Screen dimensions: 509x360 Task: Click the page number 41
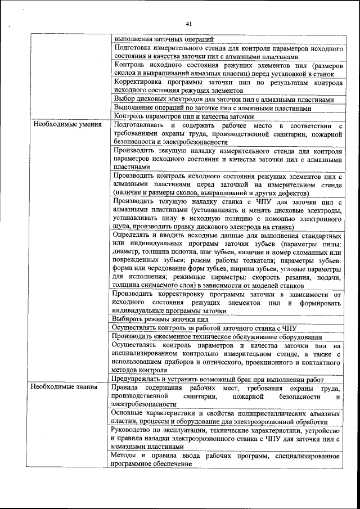(188, 24)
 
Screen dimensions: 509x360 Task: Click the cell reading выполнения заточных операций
(164, 39)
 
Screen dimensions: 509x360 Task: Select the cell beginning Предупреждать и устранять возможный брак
(226, 379)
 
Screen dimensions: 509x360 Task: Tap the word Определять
(133, 234)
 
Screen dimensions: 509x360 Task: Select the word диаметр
(127, 251)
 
